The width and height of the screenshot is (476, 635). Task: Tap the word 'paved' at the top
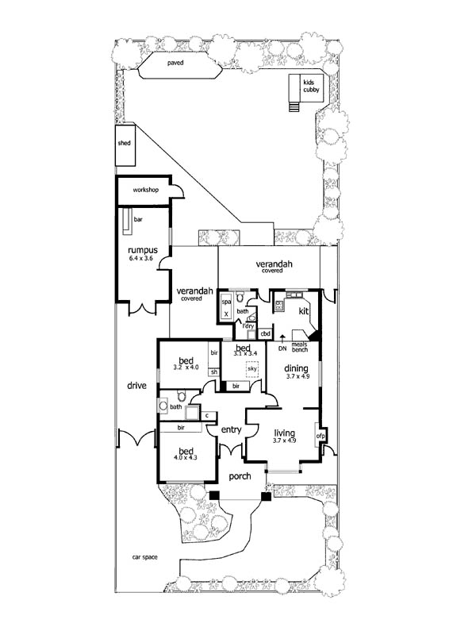pos(175,63)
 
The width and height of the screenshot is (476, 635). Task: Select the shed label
pos(125,144)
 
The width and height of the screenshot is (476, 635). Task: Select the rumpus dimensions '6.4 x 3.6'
pos(143,259)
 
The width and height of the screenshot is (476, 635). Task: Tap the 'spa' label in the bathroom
pos(225,302)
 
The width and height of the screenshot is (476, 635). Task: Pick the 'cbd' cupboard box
pos(266,333)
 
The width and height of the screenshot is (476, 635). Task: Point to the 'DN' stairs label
pos(282,348)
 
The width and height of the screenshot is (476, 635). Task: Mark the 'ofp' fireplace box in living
pos(321,437)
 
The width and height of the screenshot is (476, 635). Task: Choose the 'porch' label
pos(240,477)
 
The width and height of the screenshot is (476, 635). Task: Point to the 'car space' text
pos(144,558)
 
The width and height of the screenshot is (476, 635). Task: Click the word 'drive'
pos(137,386)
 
